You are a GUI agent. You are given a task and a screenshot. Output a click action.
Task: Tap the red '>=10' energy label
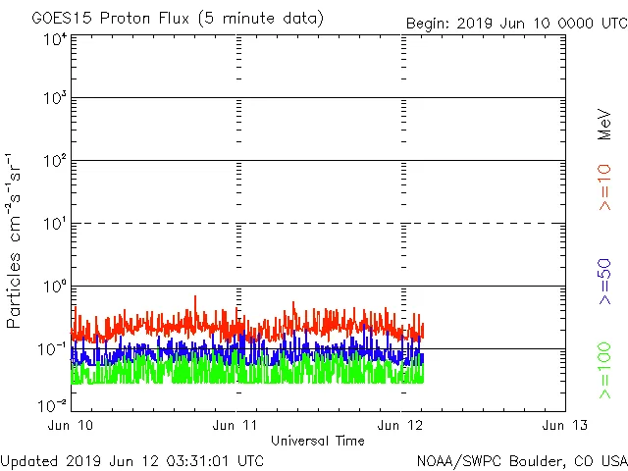coord(604,187)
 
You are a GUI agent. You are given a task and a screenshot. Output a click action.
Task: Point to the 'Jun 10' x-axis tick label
coord(71,425)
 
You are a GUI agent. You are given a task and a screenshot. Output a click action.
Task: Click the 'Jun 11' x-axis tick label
coord(235,425)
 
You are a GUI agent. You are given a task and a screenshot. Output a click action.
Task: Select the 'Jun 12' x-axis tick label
coord(400,425)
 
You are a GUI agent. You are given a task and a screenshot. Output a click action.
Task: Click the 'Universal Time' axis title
coord(317,441)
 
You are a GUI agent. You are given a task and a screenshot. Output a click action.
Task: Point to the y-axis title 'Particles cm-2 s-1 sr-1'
coord(15,240)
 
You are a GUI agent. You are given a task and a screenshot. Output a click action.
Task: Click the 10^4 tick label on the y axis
coord(55,39)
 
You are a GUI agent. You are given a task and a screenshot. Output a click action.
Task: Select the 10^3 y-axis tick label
coord(55,99)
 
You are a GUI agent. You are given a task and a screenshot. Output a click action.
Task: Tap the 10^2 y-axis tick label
coord(55,162)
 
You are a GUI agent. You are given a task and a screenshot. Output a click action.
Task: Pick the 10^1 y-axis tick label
coord(55,225)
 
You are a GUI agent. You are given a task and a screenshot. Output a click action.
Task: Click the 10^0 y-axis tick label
coord(55,288)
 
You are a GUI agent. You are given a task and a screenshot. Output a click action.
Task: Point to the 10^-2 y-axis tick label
coord(53,404)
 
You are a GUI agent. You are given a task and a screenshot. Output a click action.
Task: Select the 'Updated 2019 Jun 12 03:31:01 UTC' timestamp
coord(132,459)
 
